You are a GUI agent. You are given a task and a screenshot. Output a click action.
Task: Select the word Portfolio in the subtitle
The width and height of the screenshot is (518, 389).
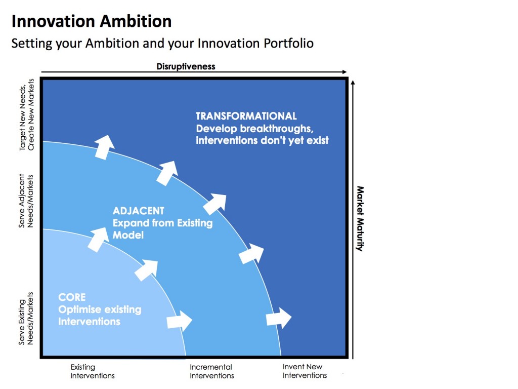pyautogui.click(x=288, y=44)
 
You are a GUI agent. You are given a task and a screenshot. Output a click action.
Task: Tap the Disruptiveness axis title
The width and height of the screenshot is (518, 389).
pyautogui.click(x=186, y=66)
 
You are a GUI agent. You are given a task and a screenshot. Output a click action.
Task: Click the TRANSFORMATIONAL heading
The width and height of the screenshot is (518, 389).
pyautogui.click(x=246, y=116)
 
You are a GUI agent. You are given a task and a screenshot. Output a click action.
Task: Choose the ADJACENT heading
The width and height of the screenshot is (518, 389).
pyautogui.click(x=139, y=211)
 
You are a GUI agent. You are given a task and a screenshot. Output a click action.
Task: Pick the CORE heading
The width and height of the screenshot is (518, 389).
pyautogui.click(x=72, y=297)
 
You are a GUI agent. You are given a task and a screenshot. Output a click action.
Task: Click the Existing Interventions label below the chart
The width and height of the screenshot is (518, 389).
pyautogui.click(x=92, y=371)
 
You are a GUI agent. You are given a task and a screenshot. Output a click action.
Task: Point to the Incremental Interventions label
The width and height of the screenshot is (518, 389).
pyautogui.click(x=211, y=371)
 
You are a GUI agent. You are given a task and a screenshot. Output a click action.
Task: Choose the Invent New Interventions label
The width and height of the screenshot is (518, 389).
pyautogui.click(x=304, y=371)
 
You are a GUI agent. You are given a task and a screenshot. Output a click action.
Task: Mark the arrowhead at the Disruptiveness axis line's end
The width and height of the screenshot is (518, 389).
pyautogui.click(x=345, y=72)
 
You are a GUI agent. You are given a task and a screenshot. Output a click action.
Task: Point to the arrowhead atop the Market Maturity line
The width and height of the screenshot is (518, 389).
pyautogui.click(x=353, y=81)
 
